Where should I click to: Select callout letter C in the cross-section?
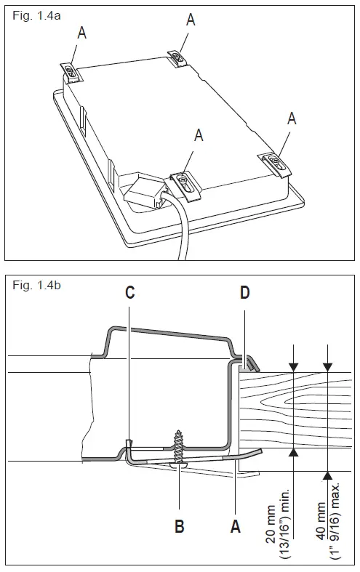click(x=129, y=292)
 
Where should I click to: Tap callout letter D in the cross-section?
click(x=245, y=292)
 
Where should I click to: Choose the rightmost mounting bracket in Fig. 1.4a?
click(x=277, y=163)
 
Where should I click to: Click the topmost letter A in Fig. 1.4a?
click(x=191, y=20)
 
